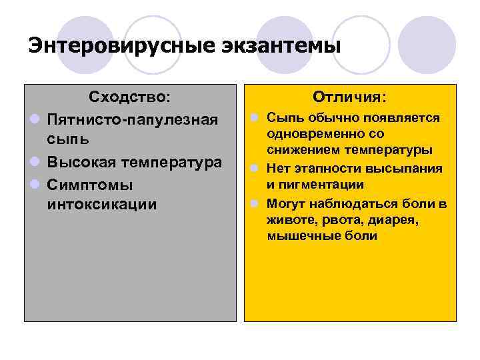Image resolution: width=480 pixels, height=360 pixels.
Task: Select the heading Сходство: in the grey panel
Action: [130, 97]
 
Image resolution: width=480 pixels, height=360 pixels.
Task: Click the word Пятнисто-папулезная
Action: [133, 119]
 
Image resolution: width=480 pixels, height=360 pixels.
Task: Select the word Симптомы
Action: [90, 183]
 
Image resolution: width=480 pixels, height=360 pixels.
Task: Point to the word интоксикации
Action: [102, 204]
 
